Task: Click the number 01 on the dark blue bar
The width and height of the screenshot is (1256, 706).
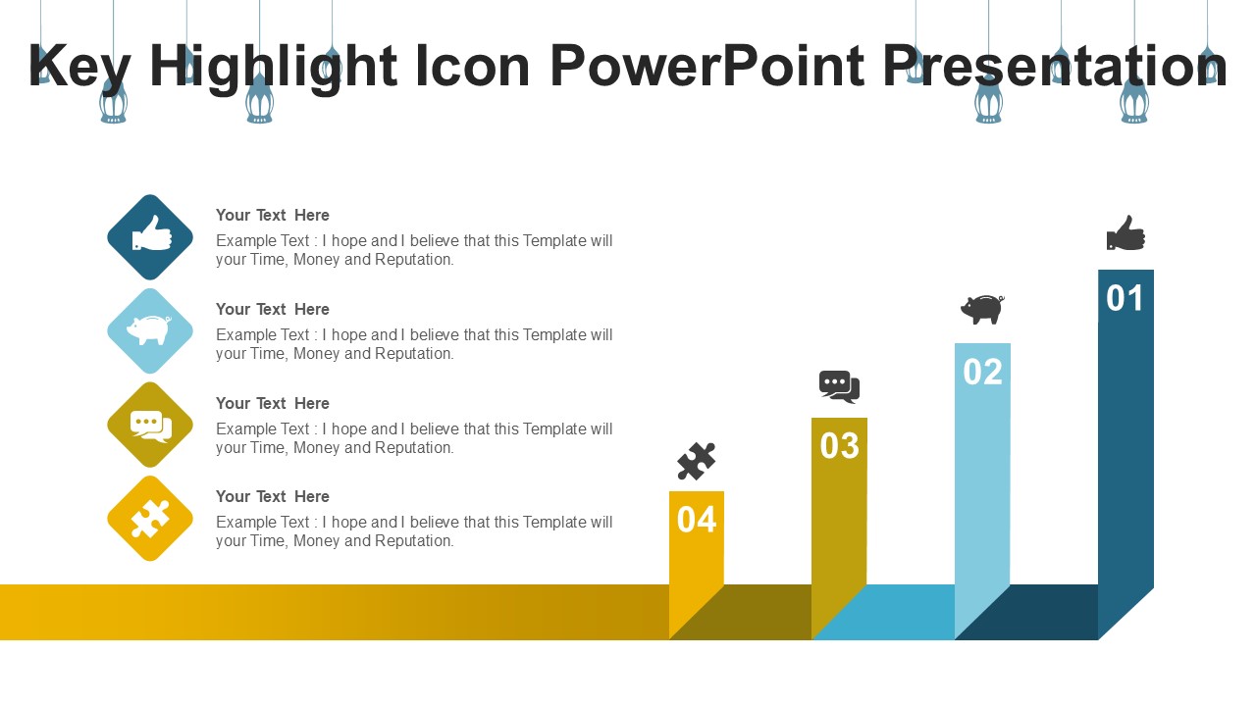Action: click(1125, 298)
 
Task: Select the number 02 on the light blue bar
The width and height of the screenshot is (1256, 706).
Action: click(982, 372)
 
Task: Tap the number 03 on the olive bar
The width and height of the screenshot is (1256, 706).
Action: click(839, 446)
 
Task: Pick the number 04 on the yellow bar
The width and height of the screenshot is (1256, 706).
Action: click(697, 520)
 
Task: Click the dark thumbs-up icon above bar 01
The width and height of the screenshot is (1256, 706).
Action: click(1125, 233)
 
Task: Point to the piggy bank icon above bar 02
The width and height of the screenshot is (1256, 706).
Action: click(982, 309)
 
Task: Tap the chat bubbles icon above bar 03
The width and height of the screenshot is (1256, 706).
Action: click(839, 386)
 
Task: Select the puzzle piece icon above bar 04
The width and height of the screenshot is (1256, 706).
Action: click(697, 461)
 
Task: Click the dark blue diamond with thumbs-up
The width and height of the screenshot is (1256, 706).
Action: click(150, 237)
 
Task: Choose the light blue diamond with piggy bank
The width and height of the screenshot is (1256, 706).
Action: click(150, 331)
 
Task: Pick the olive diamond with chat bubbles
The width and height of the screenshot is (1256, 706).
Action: click(150, 425)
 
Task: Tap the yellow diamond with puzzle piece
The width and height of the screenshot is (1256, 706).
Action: click(150, 519)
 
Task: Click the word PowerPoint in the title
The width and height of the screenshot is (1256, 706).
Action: click(707, 66)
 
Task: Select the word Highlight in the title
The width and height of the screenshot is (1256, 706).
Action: click(274, 69)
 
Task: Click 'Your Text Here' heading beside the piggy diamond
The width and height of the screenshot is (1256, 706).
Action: click(273, 309)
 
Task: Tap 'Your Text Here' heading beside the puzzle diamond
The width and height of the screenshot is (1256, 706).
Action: click(273, 496)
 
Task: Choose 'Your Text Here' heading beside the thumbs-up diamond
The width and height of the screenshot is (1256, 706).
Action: click(273, 215)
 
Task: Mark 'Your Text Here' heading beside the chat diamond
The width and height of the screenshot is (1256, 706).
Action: click(273, 403)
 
